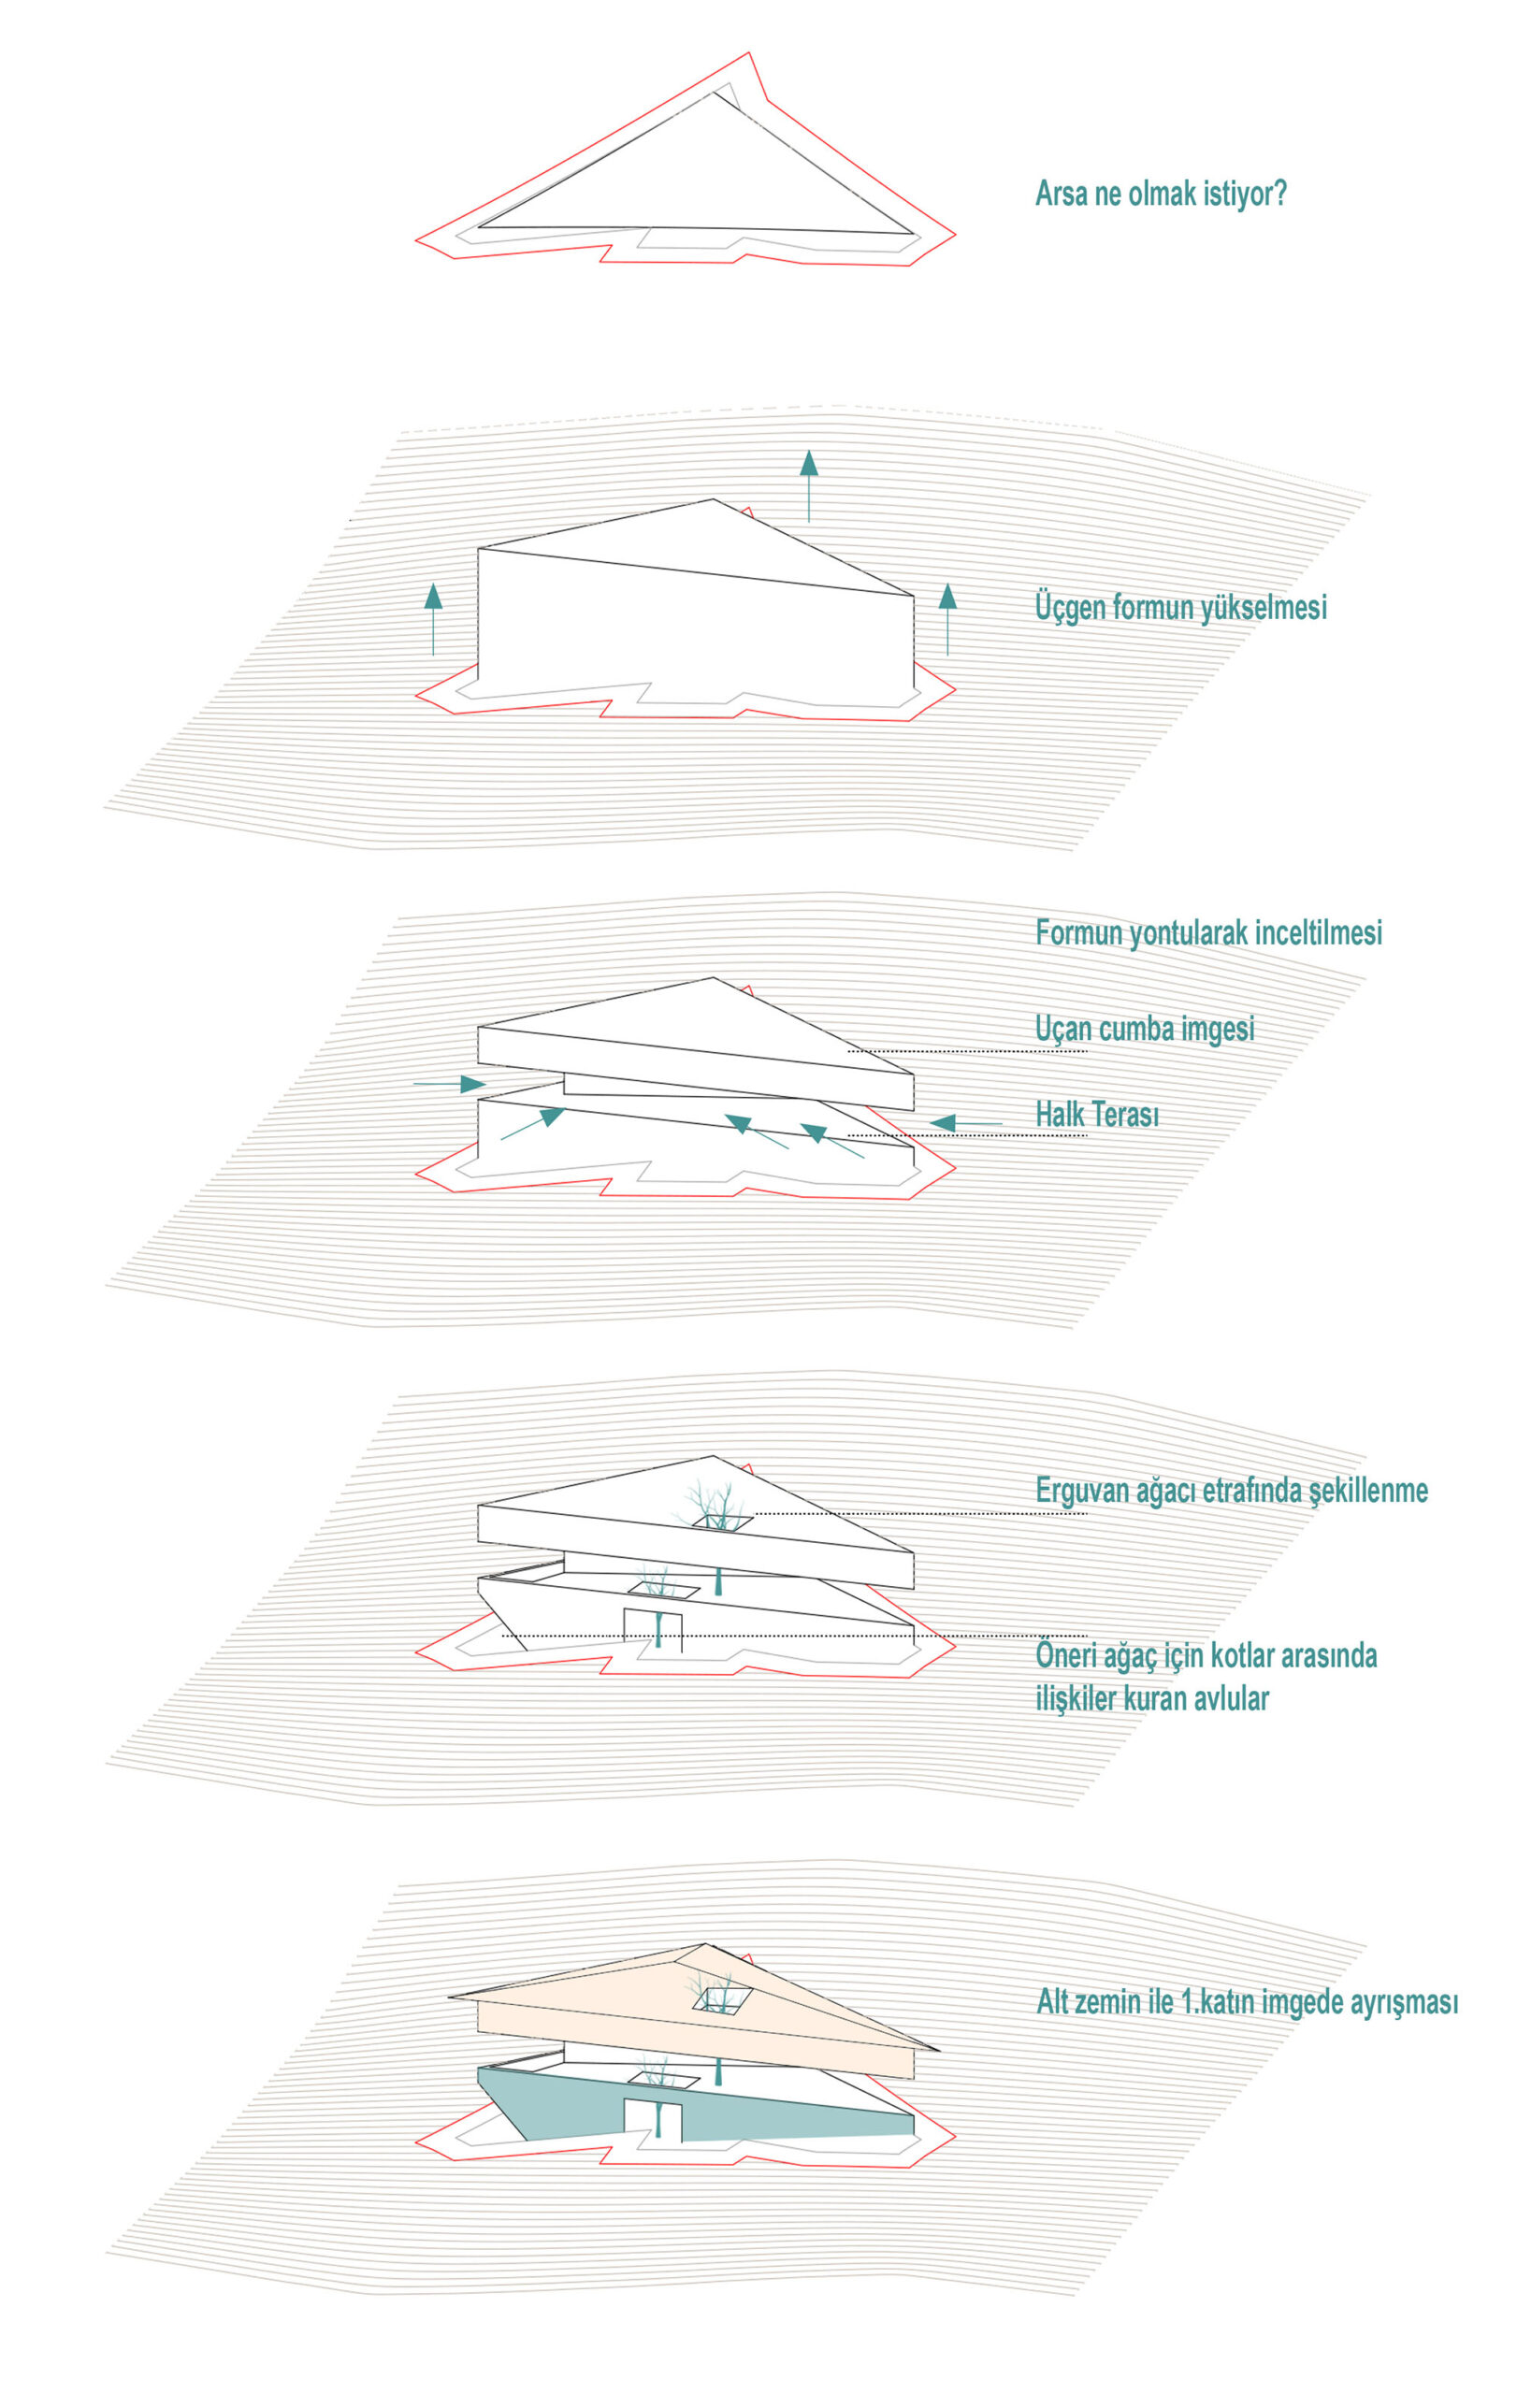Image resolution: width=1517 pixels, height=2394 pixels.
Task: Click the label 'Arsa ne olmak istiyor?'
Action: (1160, 193)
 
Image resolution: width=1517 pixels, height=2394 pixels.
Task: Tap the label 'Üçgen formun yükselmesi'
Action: (1181, 607)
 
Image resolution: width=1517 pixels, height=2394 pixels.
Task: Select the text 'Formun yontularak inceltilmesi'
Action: (1207, 932)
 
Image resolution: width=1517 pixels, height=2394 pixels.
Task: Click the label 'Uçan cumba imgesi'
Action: (1144, 1028)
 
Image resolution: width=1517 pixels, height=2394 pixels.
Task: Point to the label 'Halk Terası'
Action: (1096, 1115)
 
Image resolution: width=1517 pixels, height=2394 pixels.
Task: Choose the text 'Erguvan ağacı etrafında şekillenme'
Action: (1232, 1491)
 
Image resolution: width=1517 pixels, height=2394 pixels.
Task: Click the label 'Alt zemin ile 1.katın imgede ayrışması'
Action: (1248, 2001)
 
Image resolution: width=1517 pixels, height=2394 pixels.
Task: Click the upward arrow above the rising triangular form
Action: (809, 486)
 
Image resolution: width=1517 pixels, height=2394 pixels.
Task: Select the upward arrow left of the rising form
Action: (433, 619)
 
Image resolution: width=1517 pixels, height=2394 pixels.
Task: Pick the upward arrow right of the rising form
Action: (947, 618)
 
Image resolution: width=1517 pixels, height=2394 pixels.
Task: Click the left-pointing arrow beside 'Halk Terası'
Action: (965, 1123)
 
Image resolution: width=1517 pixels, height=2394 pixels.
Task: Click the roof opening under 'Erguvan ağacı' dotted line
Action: (722, 1521)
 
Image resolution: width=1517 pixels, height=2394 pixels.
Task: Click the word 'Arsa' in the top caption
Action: (1062, 193)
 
